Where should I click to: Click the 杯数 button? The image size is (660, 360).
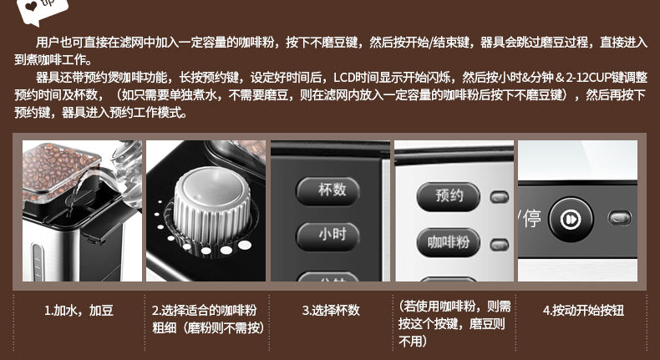coord(327,190)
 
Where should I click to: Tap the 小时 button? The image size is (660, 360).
coord(327,236)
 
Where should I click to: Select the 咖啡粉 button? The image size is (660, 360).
coord(449,242)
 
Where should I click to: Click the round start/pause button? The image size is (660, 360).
coord(571,220)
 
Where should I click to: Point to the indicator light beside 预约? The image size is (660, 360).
coord(500,197)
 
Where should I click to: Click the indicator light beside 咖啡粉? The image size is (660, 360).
coord(500,244)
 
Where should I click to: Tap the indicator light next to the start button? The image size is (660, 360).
coord(620,218)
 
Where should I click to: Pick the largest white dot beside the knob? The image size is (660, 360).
coord(245,245)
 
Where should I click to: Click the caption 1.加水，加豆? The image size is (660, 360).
coord(79,311)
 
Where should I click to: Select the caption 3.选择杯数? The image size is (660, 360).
coord(331,311)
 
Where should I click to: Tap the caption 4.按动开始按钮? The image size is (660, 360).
coord(583,311)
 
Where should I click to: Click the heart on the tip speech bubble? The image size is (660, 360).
coord(31,6)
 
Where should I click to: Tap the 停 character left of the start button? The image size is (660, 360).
coord(532,219)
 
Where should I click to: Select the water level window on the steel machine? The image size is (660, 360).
coord(38,261)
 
